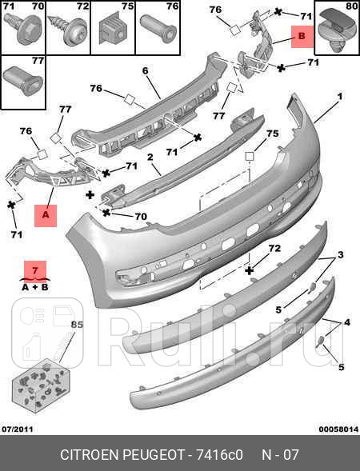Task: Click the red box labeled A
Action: click(x=46, y=215)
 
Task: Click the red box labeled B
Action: click(x=302, y=36)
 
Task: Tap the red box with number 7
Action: click(x=35, y=270)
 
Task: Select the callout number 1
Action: click(x=339, y=97)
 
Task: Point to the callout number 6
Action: click(x=145, y=71)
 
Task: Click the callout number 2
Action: click(x=150, y=157)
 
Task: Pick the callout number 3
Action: click(x=340, y=255)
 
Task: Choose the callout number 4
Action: click(x=347, y=322)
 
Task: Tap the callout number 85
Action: click(x=78, y=325)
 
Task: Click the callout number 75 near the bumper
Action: click(x=273, y=134)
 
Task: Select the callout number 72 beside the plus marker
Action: click(x=274, y=248)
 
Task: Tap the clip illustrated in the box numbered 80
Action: click(x=335, y=32)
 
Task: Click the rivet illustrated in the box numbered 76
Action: click(x=158, y=28)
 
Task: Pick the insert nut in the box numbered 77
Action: click(x=23, y=80)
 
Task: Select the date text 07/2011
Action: click(x=18, y=429)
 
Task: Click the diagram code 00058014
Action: click(x=338, y=429)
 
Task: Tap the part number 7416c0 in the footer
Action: click(x=219, y=455)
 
